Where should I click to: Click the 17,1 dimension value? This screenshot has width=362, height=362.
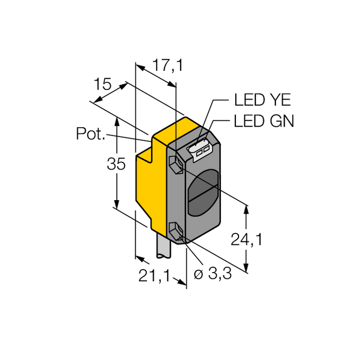coord(168,65)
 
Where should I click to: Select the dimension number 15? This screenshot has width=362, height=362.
coord(103,84)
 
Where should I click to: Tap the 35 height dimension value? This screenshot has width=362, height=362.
coord(116,164)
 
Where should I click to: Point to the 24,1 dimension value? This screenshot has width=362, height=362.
coord(246,239)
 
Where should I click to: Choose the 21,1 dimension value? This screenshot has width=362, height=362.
coord(154,276)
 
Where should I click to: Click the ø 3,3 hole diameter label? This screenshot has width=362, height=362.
coord(212,274)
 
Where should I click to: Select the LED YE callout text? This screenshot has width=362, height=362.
coord(262,100)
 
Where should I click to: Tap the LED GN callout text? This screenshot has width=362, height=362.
coord(264,121)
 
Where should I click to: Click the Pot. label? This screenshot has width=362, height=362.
coord(90,134)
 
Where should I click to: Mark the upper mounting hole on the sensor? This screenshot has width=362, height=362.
coord(176,164)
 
